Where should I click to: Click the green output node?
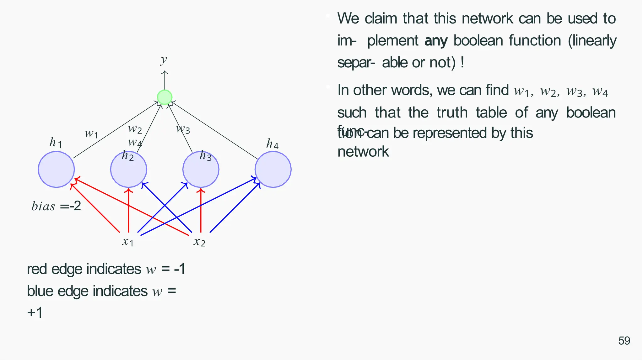165,97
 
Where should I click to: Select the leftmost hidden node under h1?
56,170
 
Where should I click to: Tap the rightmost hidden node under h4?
273,170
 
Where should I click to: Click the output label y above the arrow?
164,59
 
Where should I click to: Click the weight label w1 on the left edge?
91,133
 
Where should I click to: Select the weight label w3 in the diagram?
183,128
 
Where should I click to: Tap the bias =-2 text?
56,206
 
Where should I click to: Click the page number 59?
624,341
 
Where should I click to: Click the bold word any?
436,41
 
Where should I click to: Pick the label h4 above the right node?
272,144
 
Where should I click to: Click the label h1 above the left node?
56,143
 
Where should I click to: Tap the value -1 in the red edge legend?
180,269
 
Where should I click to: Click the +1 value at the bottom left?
35,312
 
